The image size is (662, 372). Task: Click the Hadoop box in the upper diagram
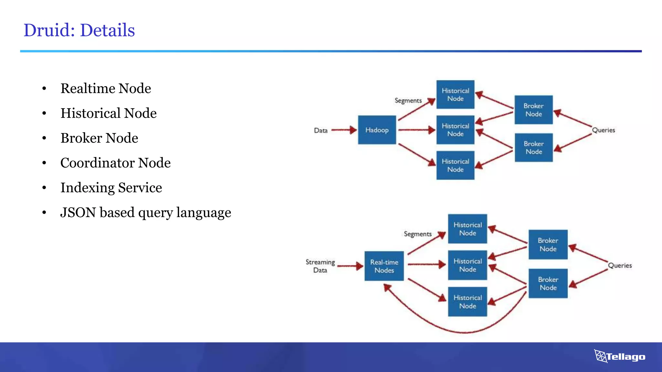pos(377,130)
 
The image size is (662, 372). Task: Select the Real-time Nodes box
pos(384,266)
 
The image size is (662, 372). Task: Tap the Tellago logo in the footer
pos(620,356)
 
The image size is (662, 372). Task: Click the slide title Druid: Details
pos(79,30)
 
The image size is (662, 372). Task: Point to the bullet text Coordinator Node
pos(115,163)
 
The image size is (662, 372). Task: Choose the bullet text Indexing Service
pos(111,188)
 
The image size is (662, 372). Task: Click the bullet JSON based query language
pos(145,212)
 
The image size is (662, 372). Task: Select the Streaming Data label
pos(320,266)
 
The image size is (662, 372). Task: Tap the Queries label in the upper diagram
pos(603,130)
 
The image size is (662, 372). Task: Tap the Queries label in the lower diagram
pos(620,265)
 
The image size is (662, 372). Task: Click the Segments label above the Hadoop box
pos(408,100)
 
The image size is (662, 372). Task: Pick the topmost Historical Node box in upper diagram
pos(455,95)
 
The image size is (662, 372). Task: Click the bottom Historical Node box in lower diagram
pos(467,302)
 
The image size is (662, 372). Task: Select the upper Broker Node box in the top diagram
pos(533,110)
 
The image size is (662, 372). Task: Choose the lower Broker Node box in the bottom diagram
pos(548,283)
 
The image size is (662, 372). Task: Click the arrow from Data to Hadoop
pos(344,130)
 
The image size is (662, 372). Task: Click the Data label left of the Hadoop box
pos(321,130)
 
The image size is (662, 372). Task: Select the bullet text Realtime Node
pos(106,88)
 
